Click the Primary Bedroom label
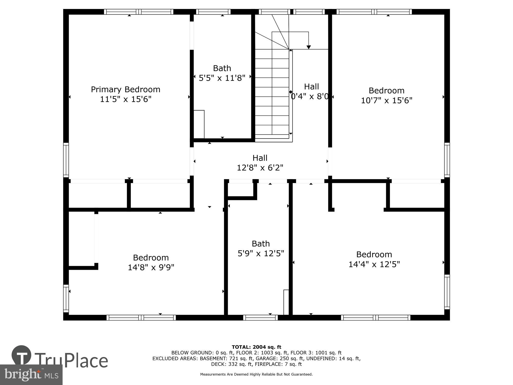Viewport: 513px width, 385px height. click(125, 89)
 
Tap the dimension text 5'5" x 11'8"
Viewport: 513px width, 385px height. click(222, 78)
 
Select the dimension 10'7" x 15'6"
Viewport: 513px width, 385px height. click(387, 100)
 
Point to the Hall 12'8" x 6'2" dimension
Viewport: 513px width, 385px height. click(260, 168)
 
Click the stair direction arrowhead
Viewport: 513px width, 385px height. click(309, 47)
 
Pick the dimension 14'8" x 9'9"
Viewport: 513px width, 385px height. click(151, 267)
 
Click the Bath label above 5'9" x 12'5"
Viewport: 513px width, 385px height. click(261, 243)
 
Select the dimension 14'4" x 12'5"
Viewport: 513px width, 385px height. click(374, 264)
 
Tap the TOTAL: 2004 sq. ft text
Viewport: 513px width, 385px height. click(256, 347)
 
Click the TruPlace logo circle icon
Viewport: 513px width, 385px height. click(22, 355)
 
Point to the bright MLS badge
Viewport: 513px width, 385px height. click(31, 375)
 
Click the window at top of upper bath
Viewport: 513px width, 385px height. click(213, 12)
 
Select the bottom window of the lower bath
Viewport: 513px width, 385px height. click(260, 318)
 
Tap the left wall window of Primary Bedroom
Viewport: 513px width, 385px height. click(66, 160)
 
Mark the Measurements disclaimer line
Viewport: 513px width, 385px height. click(256, 374)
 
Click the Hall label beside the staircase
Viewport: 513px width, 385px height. click(311, 86)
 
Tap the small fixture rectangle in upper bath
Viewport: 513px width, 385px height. click(199, 124)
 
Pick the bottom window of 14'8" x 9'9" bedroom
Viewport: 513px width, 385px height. click(141, 318)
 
